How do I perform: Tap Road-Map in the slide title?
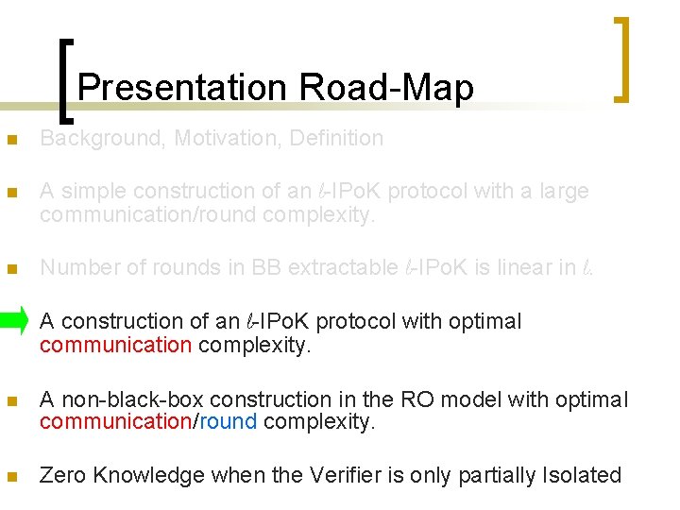386,88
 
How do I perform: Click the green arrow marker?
15,321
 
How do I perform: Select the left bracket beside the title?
66,80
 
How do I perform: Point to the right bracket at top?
621,59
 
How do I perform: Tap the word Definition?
336,139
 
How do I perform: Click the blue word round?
228,422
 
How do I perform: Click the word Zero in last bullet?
61,475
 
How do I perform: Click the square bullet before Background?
11,140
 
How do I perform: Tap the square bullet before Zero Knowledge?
11,476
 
